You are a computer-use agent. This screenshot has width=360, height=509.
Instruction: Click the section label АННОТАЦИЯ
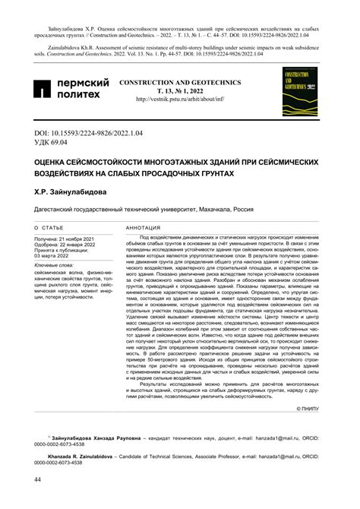147,228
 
